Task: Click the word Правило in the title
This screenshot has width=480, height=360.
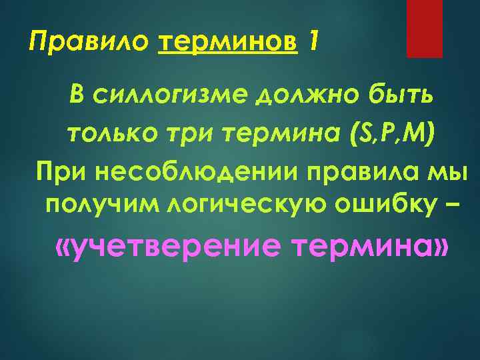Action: click(x=91, y=44)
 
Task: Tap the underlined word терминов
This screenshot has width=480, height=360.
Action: click(x=227, y=44)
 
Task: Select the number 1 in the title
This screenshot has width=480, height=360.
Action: click(x=314, y=43)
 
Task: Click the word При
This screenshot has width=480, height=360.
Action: click(x=64, y=173)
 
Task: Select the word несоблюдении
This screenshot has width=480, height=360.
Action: click(x=201, y=173)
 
